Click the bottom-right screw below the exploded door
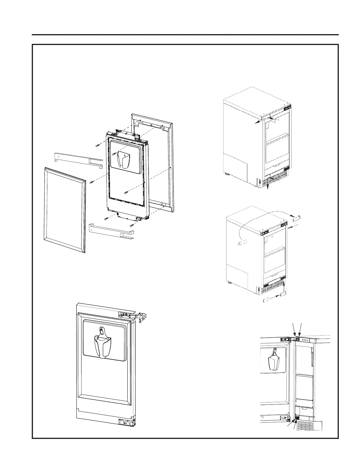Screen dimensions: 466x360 tap(131, 225)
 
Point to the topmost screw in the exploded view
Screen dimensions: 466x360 tap(97, 145)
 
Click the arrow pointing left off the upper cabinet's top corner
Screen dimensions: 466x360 tap(257, 122)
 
